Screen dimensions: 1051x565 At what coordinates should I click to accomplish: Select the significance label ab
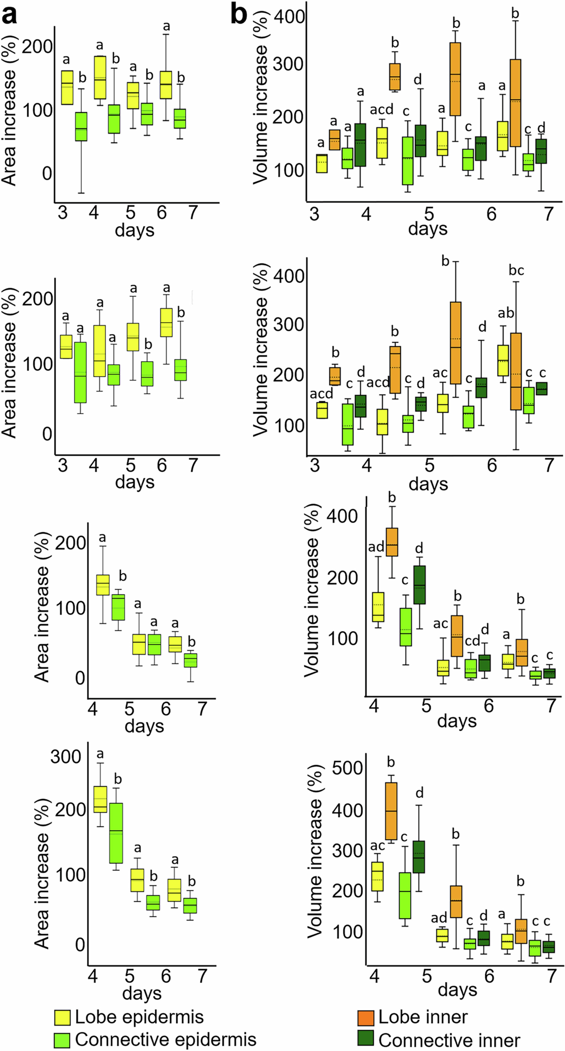[x=506, y=313]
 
